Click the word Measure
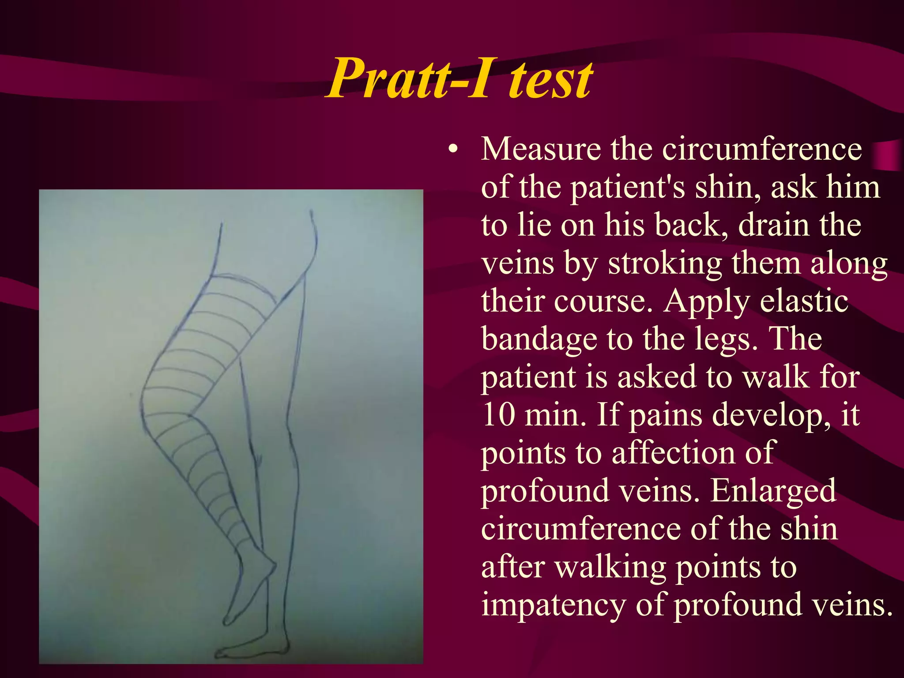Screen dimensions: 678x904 [541, 149]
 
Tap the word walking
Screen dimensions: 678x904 [610, 568]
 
